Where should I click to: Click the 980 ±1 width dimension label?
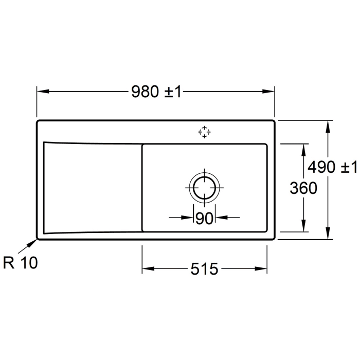pos(156,92)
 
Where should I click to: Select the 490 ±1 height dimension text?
pos(332,167)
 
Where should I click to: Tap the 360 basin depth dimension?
pos(303,188)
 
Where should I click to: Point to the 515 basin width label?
pos(204,269)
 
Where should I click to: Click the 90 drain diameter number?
pos(204,218)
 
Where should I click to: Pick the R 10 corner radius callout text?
pos(20,263)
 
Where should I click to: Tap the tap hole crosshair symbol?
pos(204,132)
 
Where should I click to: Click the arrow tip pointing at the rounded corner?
pos(36,240)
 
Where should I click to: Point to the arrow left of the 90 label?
pos(188,218)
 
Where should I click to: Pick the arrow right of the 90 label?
pos(221,218)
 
